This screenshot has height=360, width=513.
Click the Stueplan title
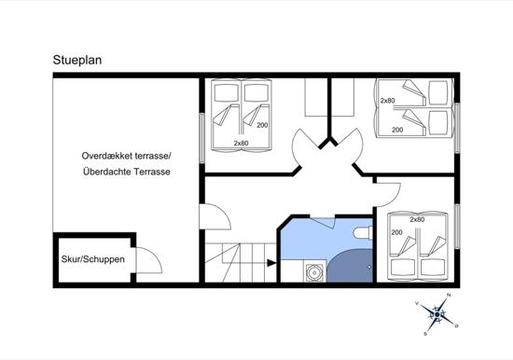point(77,61)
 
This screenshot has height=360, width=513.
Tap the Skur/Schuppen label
point(93,259)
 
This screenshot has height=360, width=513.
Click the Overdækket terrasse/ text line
point(126,156)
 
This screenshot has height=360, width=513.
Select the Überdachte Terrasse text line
point(127,172)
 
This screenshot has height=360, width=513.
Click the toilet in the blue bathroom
point(363,232)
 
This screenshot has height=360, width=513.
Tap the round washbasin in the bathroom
point(314,272)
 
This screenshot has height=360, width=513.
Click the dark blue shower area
point(350,266)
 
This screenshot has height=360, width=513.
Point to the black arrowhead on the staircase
point(271,263)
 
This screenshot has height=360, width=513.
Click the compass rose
point(437,314)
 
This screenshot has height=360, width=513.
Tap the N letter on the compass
point(449,296)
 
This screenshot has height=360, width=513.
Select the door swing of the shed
point(149,260)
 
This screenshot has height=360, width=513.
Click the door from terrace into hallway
point(215,216)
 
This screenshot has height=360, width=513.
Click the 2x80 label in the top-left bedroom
point(242,143)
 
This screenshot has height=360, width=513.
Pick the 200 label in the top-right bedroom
point(397,130)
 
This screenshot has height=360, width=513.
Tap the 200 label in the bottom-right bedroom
point(396,232)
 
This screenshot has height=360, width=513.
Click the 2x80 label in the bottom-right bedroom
point(418,219)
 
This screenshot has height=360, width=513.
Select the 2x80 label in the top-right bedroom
point(388,101)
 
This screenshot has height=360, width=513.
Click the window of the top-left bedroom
point(201,138)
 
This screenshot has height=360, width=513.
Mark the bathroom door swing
point(324,224)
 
